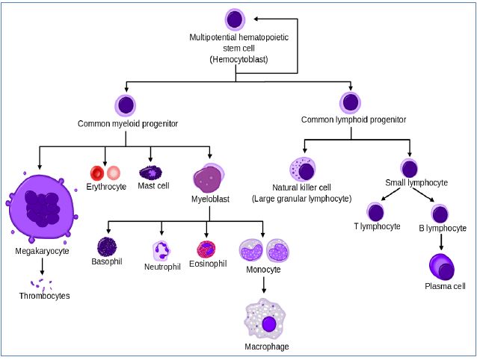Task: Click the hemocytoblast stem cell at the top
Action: click(x=235, y=19)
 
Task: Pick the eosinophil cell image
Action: click(x=206, y=249)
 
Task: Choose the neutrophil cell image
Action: click(x=161, y=250)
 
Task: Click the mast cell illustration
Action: click(x=150, y=173)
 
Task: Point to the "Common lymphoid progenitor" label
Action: click(x=353, y=120)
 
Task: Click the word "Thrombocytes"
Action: click(x=44, y=296)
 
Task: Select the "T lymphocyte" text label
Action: click(x=377, y=226)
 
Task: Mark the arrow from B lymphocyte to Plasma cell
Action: click(x=440, y=240)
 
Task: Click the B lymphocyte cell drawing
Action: click(x=440, y=214)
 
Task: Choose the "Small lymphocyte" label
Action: click(x=416, y=182)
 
